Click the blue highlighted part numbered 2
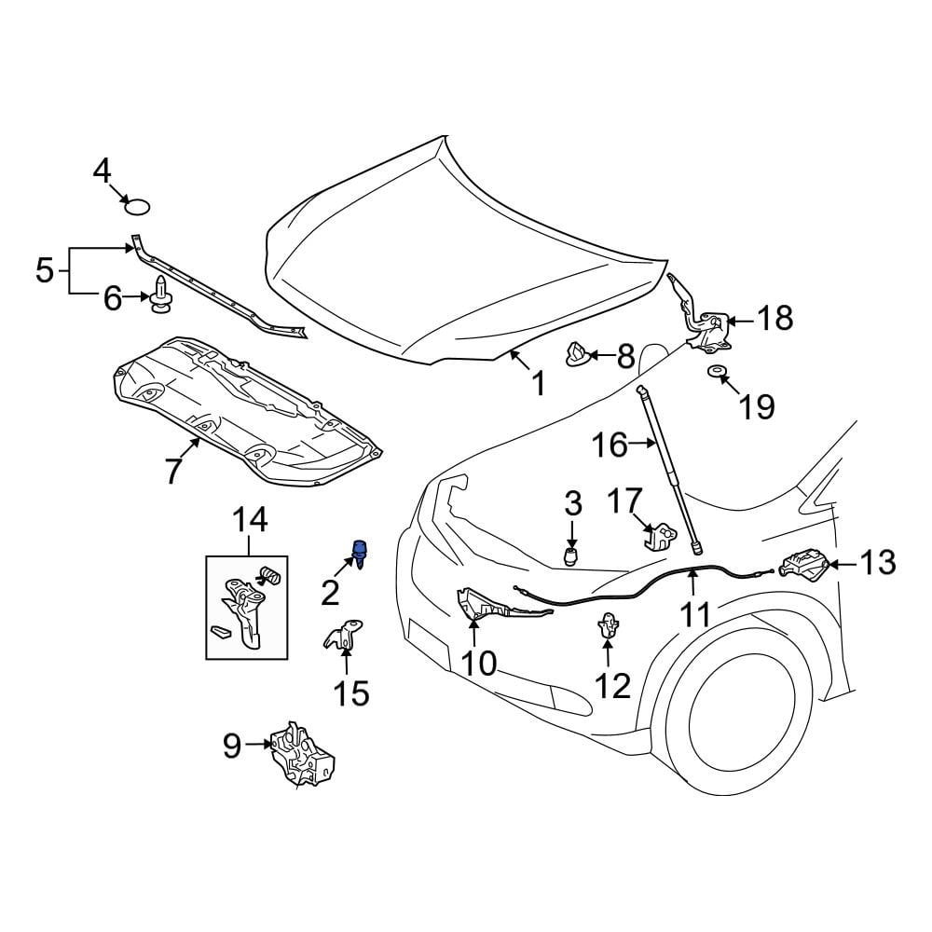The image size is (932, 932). click(x=359, y=551)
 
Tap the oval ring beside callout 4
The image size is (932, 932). click(x=138, y=205)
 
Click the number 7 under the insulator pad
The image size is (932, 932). click(x=173, y=472)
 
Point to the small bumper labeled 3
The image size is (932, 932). click(x=572, y=555)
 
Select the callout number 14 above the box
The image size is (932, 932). click(x=248, y=520)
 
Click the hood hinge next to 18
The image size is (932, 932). click(x=706, y=322)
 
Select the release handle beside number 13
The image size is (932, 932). click(x=803, y=565)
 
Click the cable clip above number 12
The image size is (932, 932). click(x=608, y=624)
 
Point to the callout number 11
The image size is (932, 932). click(x=696, y=614)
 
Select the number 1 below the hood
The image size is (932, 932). click(x=538, y=382)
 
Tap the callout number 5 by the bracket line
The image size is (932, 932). click(x=44, y=271)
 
